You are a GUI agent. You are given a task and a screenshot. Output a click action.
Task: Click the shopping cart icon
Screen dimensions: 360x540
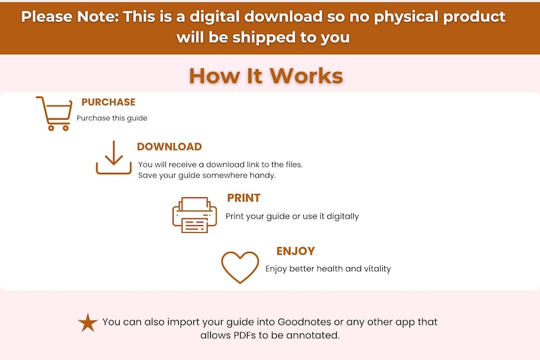[x=54, y=113]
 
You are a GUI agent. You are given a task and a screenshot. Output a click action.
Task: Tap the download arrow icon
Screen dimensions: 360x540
[x=114, y=157]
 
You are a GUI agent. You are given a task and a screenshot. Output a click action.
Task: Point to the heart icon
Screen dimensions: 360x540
[x=240, y=267]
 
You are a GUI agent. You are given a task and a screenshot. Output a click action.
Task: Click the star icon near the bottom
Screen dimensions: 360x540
[x=88, y=322]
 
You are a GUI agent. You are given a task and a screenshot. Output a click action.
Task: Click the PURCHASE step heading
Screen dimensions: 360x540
[x=108, y=102]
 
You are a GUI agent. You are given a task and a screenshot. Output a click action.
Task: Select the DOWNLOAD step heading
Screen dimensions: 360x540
[x=169, y=146]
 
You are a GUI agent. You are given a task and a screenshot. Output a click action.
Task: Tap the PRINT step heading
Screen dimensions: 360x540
[x=243, y=198]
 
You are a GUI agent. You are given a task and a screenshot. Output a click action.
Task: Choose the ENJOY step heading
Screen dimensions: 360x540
[x=295, y=251]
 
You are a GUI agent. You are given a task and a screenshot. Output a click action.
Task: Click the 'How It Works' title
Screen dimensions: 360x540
[x=266, y=75]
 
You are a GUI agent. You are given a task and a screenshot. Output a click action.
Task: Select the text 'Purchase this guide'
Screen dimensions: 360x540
[x=112, y=118]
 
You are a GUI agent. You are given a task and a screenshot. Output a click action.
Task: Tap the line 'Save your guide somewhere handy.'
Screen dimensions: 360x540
[x=207, y=176]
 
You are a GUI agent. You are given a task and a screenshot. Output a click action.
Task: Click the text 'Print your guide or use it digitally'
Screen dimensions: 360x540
[x=292, y=216]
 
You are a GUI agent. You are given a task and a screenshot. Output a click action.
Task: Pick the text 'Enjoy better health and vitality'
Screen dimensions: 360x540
[x=328, y=269]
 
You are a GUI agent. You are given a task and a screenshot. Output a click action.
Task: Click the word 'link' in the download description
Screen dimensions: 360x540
[x=261, y=164]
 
